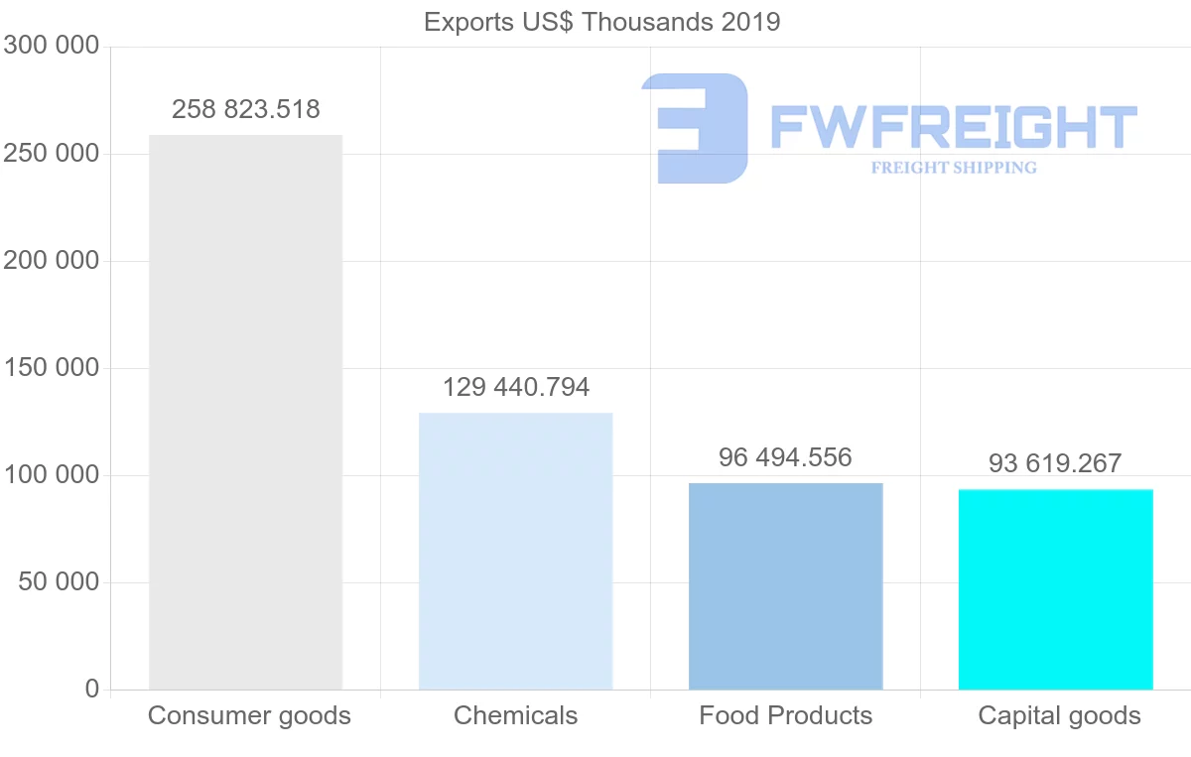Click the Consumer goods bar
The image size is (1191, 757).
pyautogui.click(x=245, y=412)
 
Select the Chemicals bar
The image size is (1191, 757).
pyautogui.click(x=515, y=551)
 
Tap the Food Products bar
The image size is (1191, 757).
pyautogui.click(x=785, y=585)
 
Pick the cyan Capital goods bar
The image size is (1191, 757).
pyautogui.click(x=1055, y=589)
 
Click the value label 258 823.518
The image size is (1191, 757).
pyautogui.click(x=245, y=109)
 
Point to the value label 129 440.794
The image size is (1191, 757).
pyautogui.click(x=515, y=387)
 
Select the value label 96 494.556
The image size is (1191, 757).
pyautogui.click(x=785, y=457)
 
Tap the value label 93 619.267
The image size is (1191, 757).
pyautogui.click(x=1055, y=463)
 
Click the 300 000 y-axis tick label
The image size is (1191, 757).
pyautogui.click(x=52, y=46)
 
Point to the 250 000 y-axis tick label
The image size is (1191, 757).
pyautogui.click(x=52, y=154)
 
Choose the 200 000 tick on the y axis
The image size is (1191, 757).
pyautogui.click(x=52, y=261)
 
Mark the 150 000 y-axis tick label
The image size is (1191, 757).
pyautogui.click(x=52, y=368)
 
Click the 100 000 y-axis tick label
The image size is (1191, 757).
pyautogui.click(x=52, y=475)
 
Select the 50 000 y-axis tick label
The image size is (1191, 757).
pyautogui.click(x=60, y=582)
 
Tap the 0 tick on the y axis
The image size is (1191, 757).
pyautogui.click(x=92, y=689)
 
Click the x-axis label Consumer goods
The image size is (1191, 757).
pyautogui.click(x=249, y=715)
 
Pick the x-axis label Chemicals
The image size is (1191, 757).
pyautogui.click(x=515, y=715)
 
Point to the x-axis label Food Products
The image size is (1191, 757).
pyautogui.click(x=785, y=715)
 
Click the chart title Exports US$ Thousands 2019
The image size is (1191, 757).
pyautogui.click(x=601, y=22)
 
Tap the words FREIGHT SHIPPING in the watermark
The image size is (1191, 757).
pyautogui.click(x=954, y=168)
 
